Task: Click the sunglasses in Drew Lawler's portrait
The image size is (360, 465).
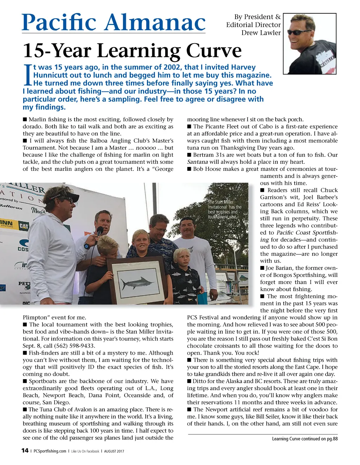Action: pos(299,32)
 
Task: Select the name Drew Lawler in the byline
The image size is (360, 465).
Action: pos(261,33)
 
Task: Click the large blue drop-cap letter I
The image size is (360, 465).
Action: pos(27,75)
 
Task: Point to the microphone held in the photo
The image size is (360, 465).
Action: pos(99,232)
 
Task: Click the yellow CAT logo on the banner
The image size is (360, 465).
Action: pos(24,226)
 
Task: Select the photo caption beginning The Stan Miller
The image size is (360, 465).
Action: pos(224,209)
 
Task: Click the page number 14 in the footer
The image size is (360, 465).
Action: pos(25,451)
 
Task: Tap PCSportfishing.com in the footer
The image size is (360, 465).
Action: pos(50,451)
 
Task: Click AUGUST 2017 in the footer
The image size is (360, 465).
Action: pos(114,451)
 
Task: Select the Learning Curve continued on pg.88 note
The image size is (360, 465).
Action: pos(304,439)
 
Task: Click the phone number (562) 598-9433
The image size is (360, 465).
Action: pos(77,346)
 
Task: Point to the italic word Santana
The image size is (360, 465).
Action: pos(197,162)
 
